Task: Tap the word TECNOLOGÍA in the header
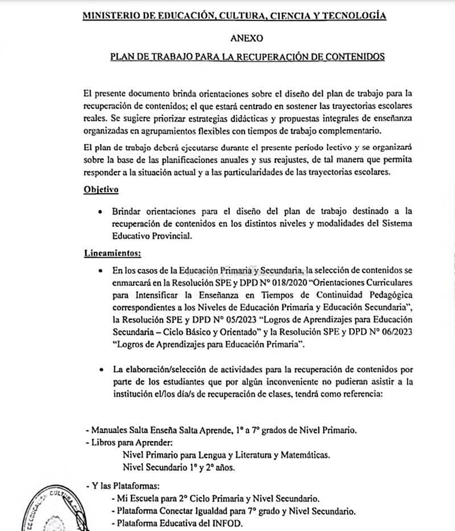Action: pos(356,16)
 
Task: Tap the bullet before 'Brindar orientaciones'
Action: pos(100,211)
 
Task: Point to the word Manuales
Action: pos(109,430)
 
